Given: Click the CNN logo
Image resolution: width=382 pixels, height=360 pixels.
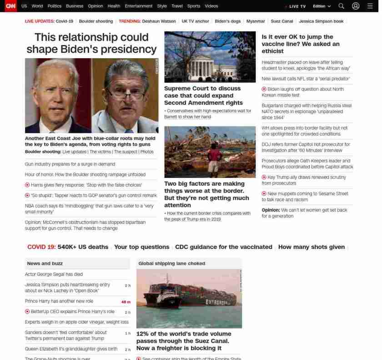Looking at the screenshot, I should click(x=10, y=6).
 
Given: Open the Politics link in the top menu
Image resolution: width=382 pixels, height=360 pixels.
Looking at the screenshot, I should click(x=54, y=6).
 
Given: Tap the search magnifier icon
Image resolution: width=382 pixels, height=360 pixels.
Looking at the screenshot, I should click(x=341, y=6).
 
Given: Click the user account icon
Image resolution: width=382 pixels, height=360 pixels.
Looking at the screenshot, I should click(x=356, y=6).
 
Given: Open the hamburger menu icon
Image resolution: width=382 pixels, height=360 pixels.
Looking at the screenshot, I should click(x=370, y=6).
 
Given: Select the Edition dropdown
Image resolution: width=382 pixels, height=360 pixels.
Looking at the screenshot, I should click(x=322, y=6).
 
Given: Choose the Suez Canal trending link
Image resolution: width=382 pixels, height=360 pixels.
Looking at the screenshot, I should click(x=282, y=21).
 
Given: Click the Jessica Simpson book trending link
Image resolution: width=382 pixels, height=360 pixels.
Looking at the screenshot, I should click(x=321, y=21).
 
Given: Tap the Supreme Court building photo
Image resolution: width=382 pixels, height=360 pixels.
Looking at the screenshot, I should click(x=210, y=57).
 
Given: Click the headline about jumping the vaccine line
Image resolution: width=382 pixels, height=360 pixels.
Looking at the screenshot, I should click(x=300, y=44).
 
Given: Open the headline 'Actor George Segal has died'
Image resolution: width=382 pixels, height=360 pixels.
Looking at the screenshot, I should click(x=54, y=274).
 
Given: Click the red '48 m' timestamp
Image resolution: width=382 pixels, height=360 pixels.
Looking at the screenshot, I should click(x=126, y=302).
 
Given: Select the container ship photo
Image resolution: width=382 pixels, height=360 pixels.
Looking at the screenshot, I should click(x=189, y=298).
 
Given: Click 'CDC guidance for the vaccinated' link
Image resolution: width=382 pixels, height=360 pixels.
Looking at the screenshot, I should click(x=223, y=247).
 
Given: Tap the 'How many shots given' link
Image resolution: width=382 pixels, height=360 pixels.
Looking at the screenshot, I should click(x=311, y=247).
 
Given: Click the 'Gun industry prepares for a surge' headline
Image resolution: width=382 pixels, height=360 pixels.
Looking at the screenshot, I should click(x=70, y=164).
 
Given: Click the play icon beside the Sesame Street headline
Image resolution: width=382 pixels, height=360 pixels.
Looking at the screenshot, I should click(x=264, y=194).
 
